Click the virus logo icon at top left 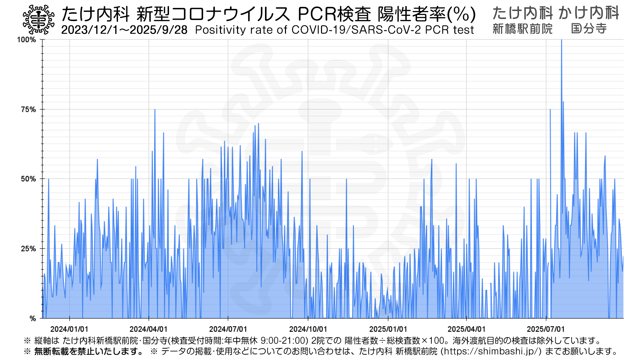click(x=38, y=20)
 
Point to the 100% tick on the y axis click(x=26, y=40)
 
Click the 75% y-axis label click(x=28, y=110)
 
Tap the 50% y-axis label click(x=28, y=179)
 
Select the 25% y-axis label click(x=28, y=249)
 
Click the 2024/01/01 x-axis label click(x=69, y=329)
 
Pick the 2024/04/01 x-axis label click(x=149, y=329)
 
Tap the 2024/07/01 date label click(x=228, y=329)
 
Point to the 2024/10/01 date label click(x=308, y=329)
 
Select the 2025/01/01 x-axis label click(x=388, y=329)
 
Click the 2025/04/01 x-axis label click(x=466, y=329)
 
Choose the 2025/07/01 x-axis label click(x=546, y=329)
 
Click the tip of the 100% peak click(x=561, y=40)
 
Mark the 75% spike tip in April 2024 click(x=155, y=110)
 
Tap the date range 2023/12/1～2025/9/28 click(x=124, y=30)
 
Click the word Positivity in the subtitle click(x=220, y=30)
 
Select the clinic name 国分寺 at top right click(x=589, y=29)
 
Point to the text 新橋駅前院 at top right click(x=522, y=29)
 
